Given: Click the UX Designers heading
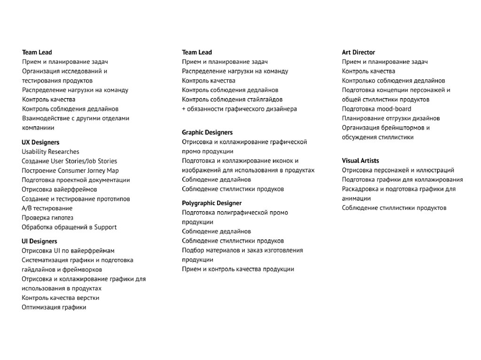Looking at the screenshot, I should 40,142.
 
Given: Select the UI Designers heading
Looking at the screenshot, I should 39,241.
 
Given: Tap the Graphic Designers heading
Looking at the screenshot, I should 207,132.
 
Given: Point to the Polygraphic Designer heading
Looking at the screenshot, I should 211,203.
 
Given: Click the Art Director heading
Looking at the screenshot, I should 358,53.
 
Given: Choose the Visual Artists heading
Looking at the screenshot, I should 360,161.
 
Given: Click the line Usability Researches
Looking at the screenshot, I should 50,152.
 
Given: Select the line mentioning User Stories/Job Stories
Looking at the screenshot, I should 70,161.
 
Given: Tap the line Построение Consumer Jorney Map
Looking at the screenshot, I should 70,170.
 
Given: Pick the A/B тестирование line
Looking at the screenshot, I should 47,208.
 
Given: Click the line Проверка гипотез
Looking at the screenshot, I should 47,218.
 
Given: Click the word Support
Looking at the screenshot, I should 105,227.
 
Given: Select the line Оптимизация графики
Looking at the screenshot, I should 54,307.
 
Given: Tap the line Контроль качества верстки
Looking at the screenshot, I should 61,298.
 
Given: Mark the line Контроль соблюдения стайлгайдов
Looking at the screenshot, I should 233,100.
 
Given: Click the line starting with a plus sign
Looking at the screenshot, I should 239,109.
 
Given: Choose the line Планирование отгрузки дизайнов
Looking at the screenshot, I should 391,118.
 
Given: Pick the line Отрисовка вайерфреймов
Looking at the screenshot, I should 59,190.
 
